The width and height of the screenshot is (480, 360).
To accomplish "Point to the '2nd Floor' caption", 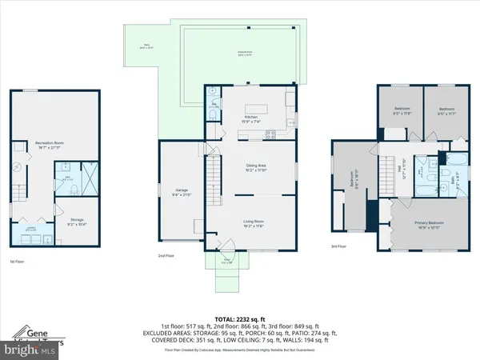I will coord(166,255).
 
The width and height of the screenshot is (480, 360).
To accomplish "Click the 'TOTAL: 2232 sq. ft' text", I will coord(239,319).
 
